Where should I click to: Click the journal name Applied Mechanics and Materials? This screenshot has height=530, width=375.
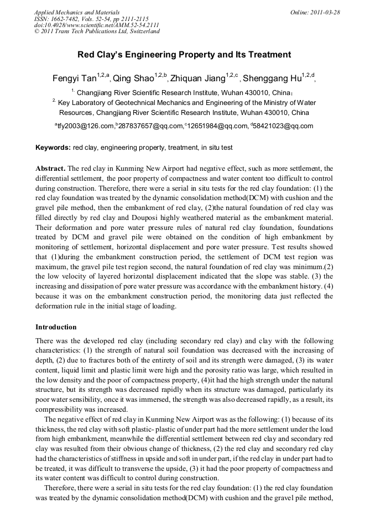pos(76,12)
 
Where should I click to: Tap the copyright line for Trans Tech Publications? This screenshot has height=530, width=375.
pos(97,32)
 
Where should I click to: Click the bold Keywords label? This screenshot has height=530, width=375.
pos(53,148)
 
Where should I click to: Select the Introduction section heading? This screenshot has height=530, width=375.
pos(56,327)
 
